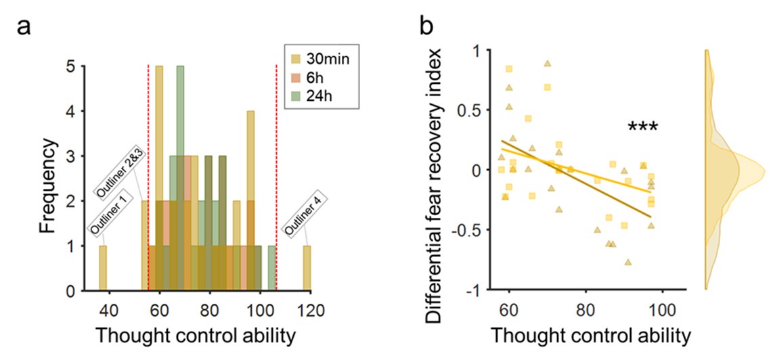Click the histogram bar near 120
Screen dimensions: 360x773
[307, 269]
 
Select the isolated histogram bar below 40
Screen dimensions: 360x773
[103, 269]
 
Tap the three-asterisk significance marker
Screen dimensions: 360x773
[643, 127]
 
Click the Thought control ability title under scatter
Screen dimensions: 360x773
[585, 336]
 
